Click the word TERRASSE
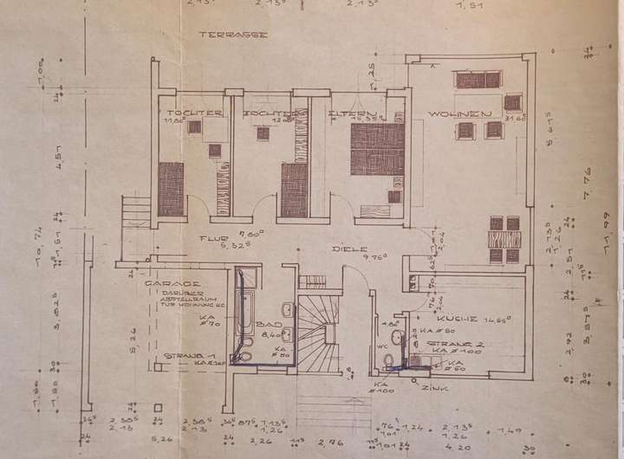tap(232, 36)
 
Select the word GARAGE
tap(173, 283)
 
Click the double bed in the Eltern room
tap(378, 149)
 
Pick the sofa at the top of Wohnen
tap(478, 81)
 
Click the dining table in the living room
tap(504, 239)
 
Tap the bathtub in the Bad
tap(244, 320)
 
